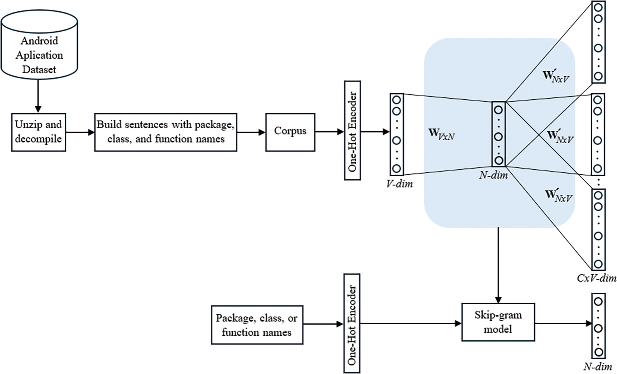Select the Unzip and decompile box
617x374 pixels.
point(38,132)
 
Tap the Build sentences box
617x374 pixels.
point(165,132)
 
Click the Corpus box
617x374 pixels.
point(290,132)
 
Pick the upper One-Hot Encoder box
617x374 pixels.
point(352,130)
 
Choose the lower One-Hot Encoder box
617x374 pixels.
point(352,323)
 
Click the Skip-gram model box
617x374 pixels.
point(498,322)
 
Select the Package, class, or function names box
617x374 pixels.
point(257,325)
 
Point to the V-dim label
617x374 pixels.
point(399,184)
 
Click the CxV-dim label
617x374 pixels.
point(596,278)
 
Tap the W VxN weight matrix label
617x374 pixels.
point(441,134)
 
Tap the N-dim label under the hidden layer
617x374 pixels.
point(493,175)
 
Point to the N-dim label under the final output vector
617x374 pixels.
point(598,367)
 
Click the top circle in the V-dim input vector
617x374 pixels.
point(397,100)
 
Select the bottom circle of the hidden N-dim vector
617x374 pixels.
point(499,160)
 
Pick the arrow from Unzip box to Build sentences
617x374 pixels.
point(80,132)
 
